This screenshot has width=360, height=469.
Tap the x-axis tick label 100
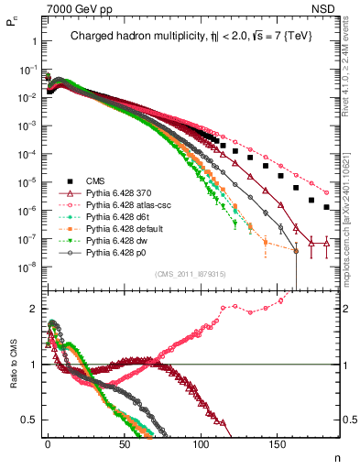pos(201,448)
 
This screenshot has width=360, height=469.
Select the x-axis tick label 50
pos(124,448)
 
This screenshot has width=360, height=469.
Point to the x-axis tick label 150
pos(278,448)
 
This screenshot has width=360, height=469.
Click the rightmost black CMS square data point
pos(327,207)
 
